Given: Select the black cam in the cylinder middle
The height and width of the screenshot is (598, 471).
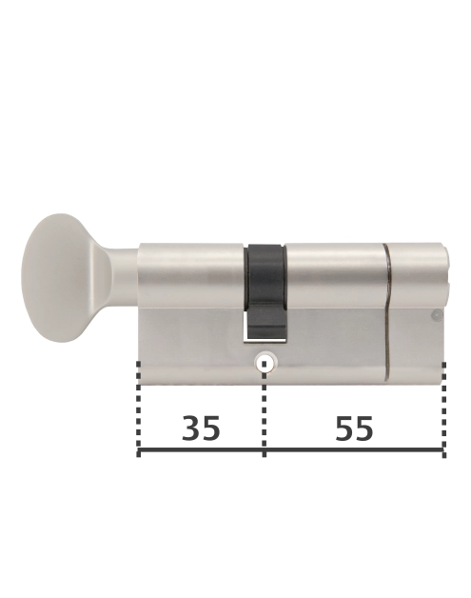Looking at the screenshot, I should tap(265, 276).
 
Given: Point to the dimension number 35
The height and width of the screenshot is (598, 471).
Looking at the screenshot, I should tap(201, 429).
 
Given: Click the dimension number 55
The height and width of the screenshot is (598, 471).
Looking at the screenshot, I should tap(354, 429).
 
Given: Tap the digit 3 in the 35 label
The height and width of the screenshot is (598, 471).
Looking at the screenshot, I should tap(190, 429).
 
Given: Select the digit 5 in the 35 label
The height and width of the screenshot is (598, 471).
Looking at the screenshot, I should tap(211, 429).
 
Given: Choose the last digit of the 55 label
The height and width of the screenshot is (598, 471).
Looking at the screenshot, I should tap(364, 429).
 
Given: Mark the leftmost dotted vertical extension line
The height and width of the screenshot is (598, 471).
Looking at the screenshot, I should tap(139, 405).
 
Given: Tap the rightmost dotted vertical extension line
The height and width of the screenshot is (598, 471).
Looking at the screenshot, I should tap(443, 405).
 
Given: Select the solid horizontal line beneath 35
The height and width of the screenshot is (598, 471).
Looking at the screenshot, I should tap(202, 451).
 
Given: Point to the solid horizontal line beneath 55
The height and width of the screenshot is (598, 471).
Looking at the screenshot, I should tap(354, 451).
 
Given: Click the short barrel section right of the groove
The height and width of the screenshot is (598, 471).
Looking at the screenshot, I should tap(417, 271).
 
